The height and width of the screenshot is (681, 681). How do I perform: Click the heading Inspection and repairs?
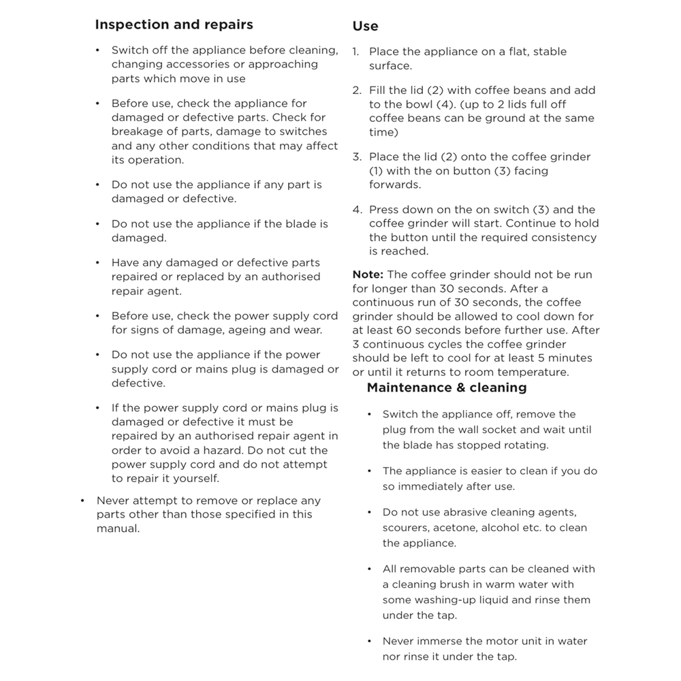(174, 25)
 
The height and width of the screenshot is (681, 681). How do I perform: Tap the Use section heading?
(365, 27)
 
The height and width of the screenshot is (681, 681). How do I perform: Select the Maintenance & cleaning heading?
(447, 387)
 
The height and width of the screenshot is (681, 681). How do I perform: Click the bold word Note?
(368, 275)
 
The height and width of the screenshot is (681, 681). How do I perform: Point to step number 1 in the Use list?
(355, 52)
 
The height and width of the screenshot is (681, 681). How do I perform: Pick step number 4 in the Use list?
(356, 210)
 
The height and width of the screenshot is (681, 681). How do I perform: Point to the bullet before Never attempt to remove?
(82, 501)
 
